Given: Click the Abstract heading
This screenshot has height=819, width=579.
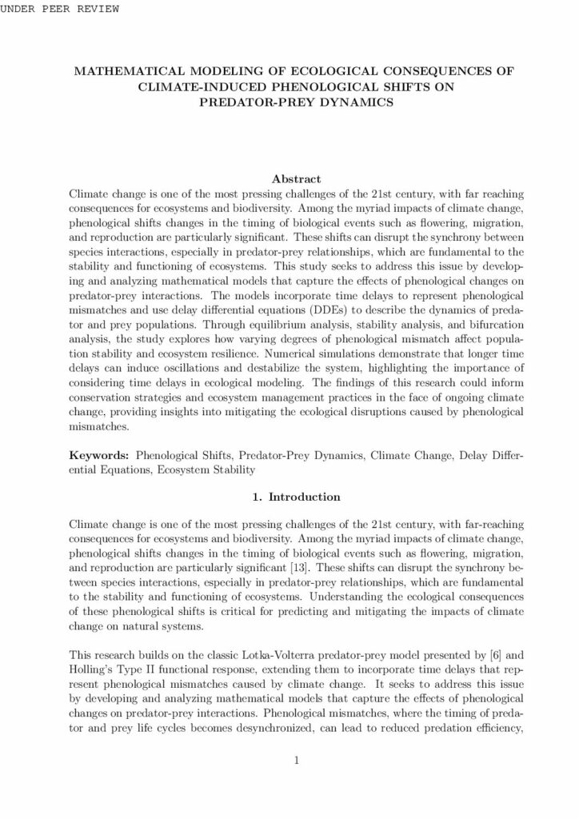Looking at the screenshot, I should click(x=297, y=179).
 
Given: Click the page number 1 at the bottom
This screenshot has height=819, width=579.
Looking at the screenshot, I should click(x=297, y=760).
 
